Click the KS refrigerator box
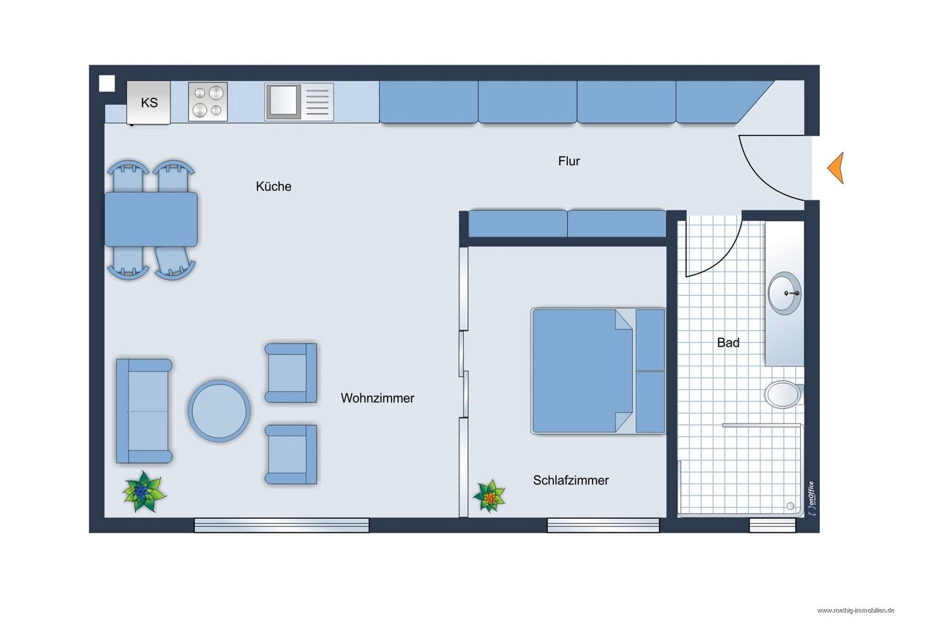click(x=148, y=102)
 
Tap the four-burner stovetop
click(x=208, y=102)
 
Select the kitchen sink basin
click(x=284, y=102)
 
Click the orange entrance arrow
click(x=835, y=167)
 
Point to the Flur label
click(x=569, y=161)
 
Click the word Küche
click(x=273, y=186)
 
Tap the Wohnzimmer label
click(x=378, y=399)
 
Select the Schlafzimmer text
click(x=571, y=480)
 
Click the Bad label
click(x=728, y=343)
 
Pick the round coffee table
click(x=219, y=411)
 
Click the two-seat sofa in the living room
click(x=144, y=410)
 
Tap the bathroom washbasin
click(x=785, y=293)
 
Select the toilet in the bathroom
click(x=784, y=394)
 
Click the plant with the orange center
click(x=489, y=496)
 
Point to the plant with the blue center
click(x=144, y=492)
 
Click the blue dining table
click(x=151, y=219)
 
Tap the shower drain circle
click(x=790, y=506)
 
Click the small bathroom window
click(x=772, y=525)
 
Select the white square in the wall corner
click(x=107, y=83)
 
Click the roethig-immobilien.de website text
click(x=855, y=611)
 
